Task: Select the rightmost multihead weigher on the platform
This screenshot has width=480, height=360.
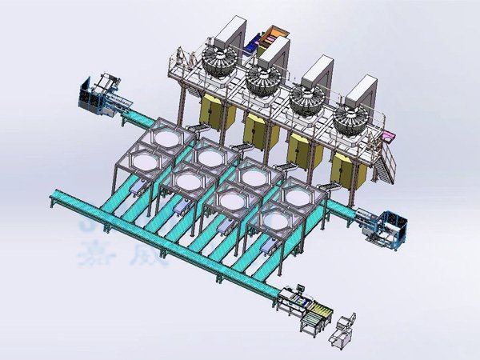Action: coord(352,121)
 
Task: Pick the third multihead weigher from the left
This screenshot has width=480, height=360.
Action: coord(307,100)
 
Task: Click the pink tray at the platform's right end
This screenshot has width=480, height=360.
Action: coord(390,137)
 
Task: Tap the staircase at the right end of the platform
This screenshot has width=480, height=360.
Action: coord(387,164)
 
